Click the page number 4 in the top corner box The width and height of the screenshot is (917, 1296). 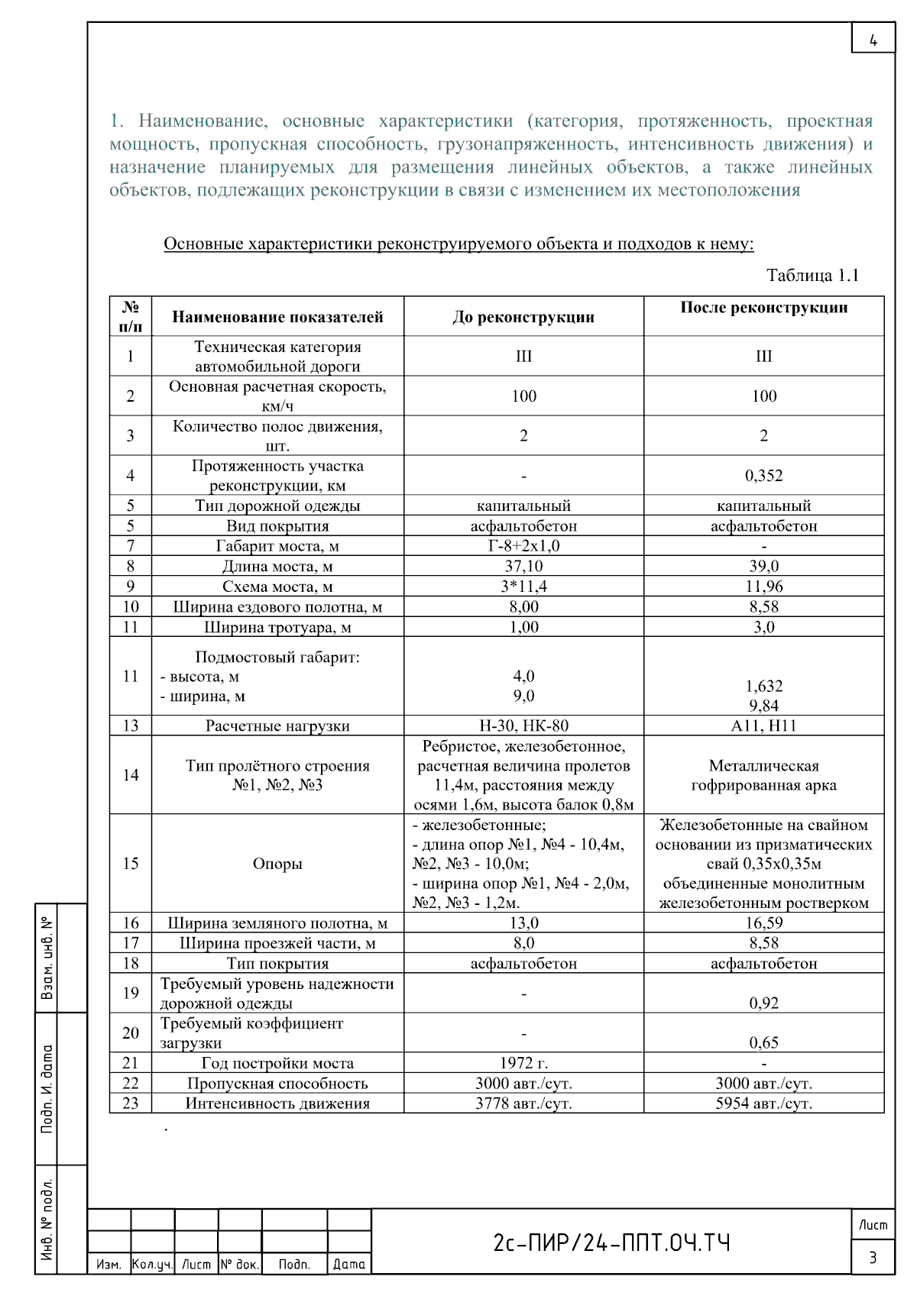873,40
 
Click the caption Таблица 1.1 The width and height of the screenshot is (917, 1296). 812,275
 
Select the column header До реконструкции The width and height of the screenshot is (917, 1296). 523,317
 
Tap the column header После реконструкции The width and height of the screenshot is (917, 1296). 763,308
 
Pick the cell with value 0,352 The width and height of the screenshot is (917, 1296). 763,475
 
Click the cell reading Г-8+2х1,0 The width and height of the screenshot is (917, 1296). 523,546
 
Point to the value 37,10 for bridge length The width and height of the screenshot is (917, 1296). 523,566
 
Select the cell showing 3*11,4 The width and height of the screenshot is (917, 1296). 523,587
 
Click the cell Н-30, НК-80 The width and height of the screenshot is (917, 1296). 523,726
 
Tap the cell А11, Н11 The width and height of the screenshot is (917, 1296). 763,726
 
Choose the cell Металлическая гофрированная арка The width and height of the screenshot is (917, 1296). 763,775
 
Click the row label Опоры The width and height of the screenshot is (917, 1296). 277,864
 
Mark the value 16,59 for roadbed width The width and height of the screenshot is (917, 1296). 763,923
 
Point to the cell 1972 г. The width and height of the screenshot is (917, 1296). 523,1063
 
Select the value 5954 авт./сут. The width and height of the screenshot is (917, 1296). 763,1104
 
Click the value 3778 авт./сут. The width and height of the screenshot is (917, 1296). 523,1104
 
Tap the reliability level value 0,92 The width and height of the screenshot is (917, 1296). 763,1003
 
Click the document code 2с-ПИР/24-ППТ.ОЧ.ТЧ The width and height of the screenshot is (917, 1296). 611,1243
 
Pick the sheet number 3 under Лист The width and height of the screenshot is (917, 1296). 873,1257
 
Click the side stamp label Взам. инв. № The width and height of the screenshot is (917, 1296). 47,958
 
